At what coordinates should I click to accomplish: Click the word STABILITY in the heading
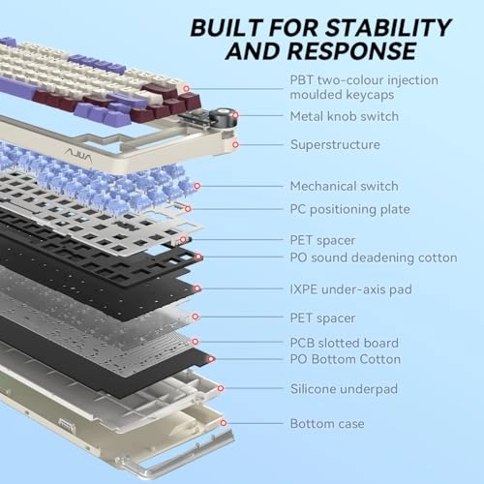(x=388, y=27)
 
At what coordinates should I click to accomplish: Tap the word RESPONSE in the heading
(x=351, y=51)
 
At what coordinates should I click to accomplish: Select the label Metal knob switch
(x=345, y=116)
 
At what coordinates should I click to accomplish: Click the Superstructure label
(x=335, y=144)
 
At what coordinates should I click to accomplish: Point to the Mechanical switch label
(x=344, y=186)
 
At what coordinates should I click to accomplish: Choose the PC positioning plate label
(x=349, y=209)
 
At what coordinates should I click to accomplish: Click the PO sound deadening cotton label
(x=374, y=257)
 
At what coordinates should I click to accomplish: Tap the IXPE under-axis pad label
(x=350, y=289)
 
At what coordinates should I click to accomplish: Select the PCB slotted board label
(x=344, y=343)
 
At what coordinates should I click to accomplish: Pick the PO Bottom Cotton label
(x=345, y=359)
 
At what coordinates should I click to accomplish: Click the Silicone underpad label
(x=344, y=389)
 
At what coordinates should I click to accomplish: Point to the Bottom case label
(x=327, y=423)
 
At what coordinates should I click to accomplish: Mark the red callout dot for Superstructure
(x=235, y=144)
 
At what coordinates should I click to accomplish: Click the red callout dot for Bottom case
(x=224, y=423)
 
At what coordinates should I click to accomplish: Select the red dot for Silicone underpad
(x=221, y=388)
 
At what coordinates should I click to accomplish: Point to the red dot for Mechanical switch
(x=197, y=186)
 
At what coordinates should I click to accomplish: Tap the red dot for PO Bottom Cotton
(x=211, y=359)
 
